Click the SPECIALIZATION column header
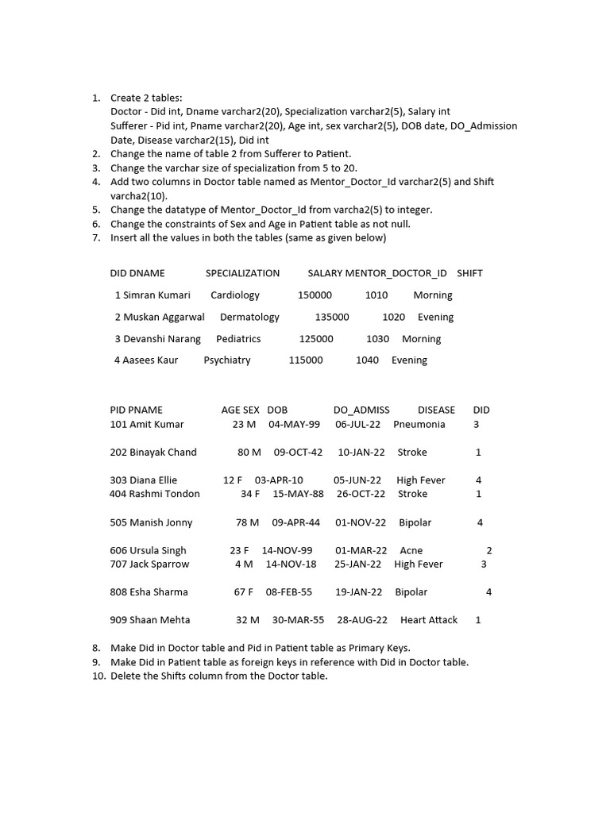click(242, 273)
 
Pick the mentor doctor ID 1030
click(377, 339)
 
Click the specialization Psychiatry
click(227, 360)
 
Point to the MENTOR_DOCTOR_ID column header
click(396, 273)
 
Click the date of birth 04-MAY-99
click(294, 425)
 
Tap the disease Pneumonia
click(419, 425)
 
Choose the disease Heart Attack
click(429, 620)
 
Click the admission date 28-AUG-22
click(362, 620)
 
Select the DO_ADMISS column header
click(361, 410)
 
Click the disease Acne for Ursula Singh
click(411, 551)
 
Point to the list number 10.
click(98, 676)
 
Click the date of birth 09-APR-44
click(295, 523)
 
